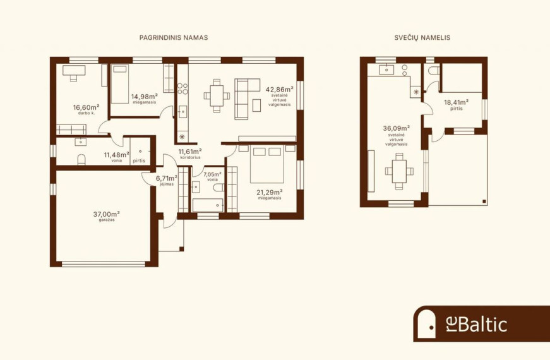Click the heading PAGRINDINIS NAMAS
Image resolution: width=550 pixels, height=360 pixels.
click(x=174, y=37)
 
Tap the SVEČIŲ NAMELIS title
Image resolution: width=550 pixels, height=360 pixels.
click(x=422, y=37)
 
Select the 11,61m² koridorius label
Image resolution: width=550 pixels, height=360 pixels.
click(x=190, y=153)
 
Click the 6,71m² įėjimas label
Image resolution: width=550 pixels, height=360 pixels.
click(x=167, y=180)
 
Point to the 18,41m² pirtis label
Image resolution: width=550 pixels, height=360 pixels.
click(x=457, y=105)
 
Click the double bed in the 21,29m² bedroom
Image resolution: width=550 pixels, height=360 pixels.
click(x=267, y=164)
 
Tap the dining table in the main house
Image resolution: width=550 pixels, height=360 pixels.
click(x=217, y=95)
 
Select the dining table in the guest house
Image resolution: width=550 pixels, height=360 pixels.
click(x=399, y=171)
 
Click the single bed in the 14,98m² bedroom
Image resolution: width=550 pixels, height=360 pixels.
click(x=120, y=84)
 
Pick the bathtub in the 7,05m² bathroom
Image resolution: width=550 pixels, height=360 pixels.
click(x=208, y=205)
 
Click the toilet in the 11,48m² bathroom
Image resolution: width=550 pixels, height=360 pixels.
click(x=81, y=160)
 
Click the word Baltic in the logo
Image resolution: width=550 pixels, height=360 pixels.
click(x=482, y=324)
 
